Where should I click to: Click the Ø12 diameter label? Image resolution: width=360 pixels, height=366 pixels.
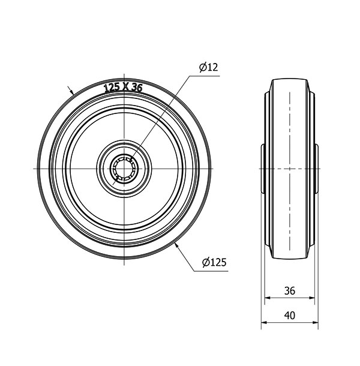[x=208, y=67]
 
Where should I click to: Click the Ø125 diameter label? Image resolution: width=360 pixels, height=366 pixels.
[x=214, y=263]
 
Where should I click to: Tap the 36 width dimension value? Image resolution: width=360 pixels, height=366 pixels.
[x=290, y=291]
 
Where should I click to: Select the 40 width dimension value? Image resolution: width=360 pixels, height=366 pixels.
[x=290, y=316]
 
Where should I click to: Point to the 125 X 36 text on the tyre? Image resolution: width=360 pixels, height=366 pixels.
[x=123, y=88]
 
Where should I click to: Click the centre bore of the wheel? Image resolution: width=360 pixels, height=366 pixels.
[x=124, y=169]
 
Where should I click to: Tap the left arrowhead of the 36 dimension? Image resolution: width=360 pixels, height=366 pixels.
[x=268, y=298]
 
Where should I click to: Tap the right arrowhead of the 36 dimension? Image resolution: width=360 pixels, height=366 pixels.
[x=312, y=298]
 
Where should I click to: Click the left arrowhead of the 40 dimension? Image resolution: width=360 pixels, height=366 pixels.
[x=264, y=323]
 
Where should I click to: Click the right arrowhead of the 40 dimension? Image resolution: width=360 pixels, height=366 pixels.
[x=316, y=323]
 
